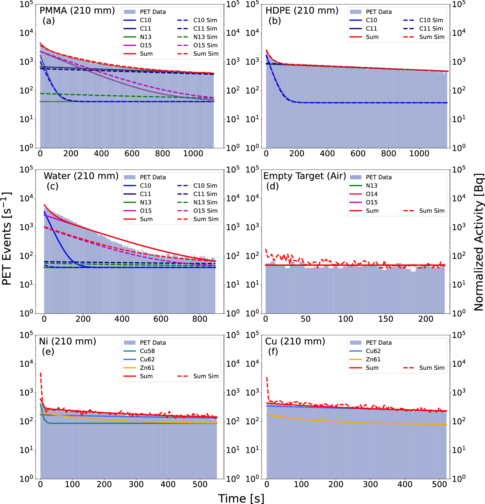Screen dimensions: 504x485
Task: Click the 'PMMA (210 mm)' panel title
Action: click(x=77, y=10)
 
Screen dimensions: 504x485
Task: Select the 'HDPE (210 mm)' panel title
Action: click(x=302, y=10)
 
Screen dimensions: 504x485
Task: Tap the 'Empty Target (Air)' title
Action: click(x=304, y=176)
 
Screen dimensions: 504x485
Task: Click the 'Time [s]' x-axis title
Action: click(x=241, y=498)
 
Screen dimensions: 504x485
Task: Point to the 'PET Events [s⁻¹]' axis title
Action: click(x=7, y=239)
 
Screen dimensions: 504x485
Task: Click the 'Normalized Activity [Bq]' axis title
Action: click(x=479, y=242)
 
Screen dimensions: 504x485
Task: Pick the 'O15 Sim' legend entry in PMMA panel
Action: click(x=205, y=45)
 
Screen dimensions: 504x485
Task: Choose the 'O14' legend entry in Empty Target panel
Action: click(x=371, y=194)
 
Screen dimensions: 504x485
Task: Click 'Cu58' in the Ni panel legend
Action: click(x=147, y=351)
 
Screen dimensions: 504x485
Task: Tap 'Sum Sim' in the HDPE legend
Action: click(x=432, y=37)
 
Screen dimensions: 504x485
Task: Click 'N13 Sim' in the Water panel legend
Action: click(x=205, y=202)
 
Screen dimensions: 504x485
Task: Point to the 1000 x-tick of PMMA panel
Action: click(x=193, y=153)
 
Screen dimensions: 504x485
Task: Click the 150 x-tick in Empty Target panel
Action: click(x=386, y=319)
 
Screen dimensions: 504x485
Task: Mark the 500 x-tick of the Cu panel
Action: click(x=439, y=484)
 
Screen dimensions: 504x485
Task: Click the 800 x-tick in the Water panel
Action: click(x=200, y=319)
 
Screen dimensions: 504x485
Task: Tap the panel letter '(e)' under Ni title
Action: click(x=48, y=351)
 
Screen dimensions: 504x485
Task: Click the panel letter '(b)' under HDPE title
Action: click(x=274, y=21)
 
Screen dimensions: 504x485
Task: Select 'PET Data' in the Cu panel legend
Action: click(x=378, y=343)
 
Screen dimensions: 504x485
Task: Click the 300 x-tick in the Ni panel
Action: click(x=136, y=484)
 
